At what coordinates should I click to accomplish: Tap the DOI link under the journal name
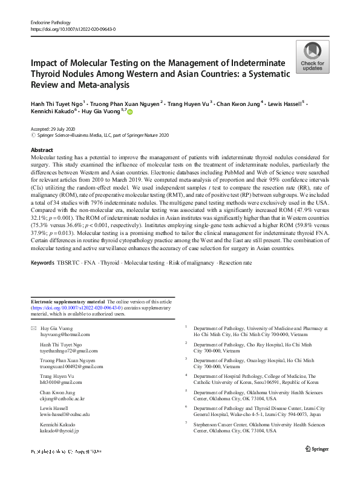(73, 29)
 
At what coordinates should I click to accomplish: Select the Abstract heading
(41, 150)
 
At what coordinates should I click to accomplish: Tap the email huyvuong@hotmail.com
(65, 334)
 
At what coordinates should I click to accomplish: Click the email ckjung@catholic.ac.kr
(63, 399)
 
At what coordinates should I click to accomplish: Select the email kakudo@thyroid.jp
(59, 431)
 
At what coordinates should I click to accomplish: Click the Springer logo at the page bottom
(317, 465)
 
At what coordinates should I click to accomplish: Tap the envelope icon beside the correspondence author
(33, 328)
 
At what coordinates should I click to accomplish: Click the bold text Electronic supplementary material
(68, 302)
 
